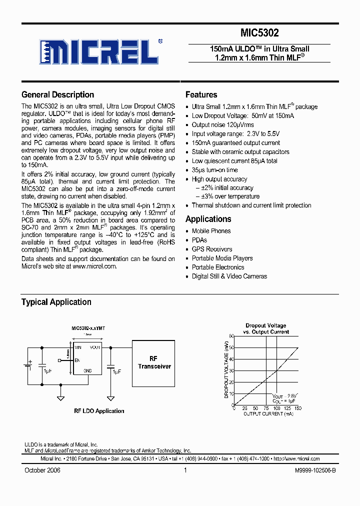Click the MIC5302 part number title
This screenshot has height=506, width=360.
(x=259, y=33)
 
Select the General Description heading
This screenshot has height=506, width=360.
(x=57, y=94)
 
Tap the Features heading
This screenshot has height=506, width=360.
(x=201, y=94)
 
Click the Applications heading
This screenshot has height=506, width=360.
(x=208, y=219)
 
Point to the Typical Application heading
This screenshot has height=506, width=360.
(x=56, y=302)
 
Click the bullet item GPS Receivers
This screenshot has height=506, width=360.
(x=212, y=249)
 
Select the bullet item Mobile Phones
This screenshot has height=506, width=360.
(x=211, y=231)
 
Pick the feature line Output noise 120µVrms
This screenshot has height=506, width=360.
(x=222, y=125)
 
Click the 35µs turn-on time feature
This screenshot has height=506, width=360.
(x=214, y=170)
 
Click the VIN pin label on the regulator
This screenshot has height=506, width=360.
(x=78, y=347)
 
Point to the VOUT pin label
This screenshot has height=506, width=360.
(x=95, y=347)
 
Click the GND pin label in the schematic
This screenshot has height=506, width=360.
(x=88, y=370)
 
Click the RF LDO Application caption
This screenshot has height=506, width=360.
(x=99, y=411)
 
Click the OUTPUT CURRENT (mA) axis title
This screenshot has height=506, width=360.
(x=268, y=414)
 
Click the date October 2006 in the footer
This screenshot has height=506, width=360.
(x=42, y=470)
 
